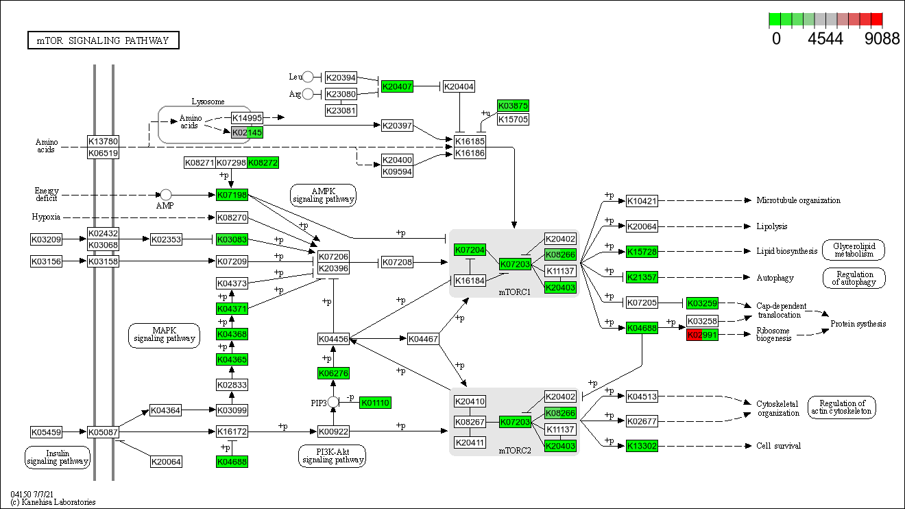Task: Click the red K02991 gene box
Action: (702, 335)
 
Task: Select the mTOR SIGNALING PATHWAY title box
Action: (103, 40)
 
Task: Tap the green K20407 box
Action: (397, 86)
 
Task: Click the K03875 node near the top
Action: (513, 106)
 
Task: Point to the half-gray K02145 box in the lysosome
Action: (247, 132)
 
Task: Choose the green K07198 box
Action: (232, 196)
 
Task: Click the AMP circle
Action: (165, 196)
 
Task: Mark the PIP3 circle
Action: (333, 402)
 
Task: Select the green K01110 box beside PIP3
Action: (375, 403)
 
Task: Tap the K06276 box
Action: (333, 373)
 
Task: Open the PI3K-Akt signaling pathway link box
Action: (333, 455)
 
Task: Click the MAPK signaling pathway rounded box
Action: (165, 334)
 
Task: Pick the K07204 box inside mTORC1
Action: (470, 250)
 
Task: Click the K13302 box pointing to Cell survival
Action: (642, 446)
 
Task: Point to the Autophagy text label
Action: (775, 278)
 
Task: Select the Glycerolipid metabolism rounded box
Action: (854, 250)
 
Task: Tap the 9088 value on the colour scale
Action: (882, 39)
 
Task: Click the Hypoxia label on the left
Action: (46, 217)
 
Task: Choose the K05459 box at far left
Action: (46, 432)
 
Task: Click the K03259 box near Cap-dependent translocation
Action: (702, 303)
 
